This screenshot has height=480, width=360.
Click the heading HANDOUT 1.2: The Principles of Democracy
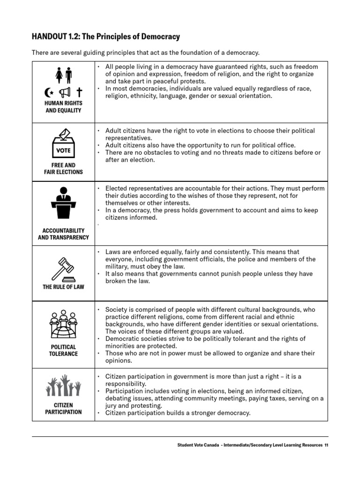(106, 37)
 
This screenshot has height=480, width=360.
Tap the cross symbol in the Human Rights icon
(79, 92)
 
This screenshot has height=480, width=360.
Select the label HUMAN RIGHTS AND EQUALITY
(63, 107)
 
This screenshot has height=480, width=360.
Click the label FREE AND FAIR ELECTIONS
(63, 169)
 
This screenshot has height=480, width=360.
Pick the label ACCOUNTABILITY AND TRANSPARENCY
(63, 234)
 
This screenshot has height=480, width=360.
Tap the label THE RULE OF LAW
(63, 287)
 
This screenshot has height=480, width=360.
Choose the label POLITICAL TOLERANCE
(63, 350)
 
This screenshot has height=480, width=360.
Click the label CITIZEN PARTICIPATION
(63, 408)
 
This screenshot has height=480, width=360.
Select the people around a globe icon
(63, 324)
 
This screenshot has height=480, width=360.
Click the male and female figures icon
(63, 74)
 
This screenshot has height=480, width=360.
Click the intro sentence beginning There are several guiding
(145, 52)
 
